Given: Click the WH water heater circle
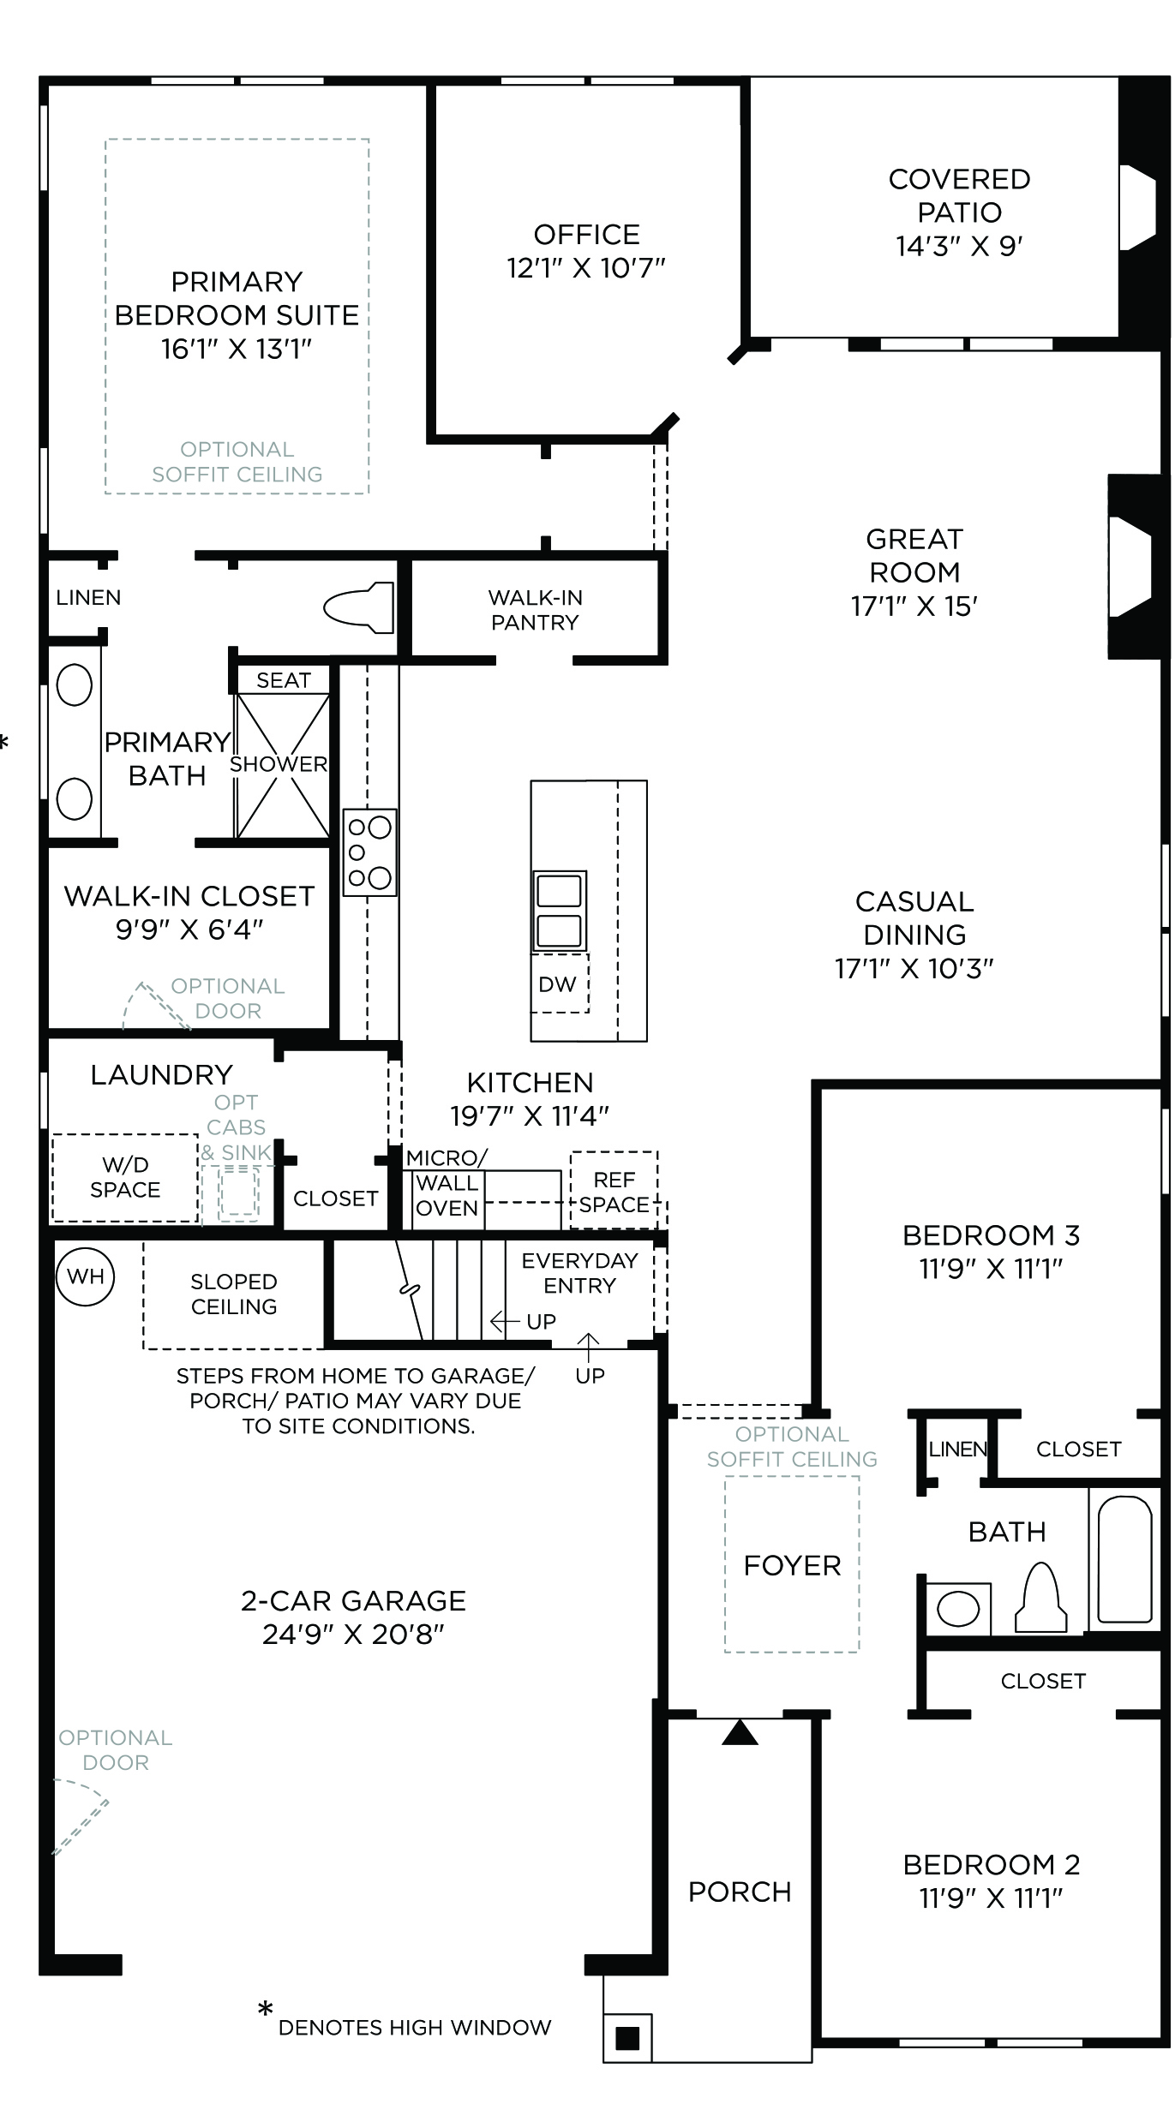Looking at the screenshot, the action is tap(86, 1276).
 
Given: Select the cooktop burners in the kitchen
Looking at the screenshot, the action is tap(370, 852).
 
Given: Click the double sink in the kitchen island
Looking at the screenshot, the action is tap(559, 911).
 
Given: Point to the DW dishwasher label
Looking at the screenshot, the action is tap(557, 984).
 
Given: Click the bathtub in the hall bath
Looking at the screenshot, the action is tap(1124, 1559).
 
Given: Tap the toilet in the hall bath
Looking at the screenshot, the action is tap(1041, 1597).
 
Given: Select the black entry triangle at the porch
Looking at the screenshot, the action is tap(740, 1732).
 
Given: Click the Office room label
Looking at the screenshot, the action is tap(586, 234).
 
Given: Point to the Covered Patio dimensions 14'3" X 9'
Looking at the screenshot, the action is tap(959, 247).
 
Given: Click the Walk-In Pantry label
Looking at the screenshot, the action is tap(535, 610).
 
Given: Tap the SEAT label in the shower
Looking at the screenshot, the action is tap(283, 680).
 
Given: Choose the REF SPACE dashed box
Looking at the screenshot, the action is tap(614, 1190).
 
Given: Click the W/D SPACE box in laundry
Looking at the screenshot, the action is tap(125, 1177).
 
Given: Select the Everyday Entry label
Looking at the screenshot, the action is tap(579, 1273).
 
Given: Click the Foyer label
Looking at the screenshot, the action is tap(792, 1565).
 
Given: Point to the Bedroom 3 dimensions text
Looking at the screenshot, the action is tap(991, 1269).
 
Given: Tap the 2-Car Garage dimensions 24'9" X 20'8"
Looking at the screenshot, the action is tap(353, 1635).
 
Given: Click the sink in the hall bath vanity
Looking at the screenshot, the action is tap(958, 1609).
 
